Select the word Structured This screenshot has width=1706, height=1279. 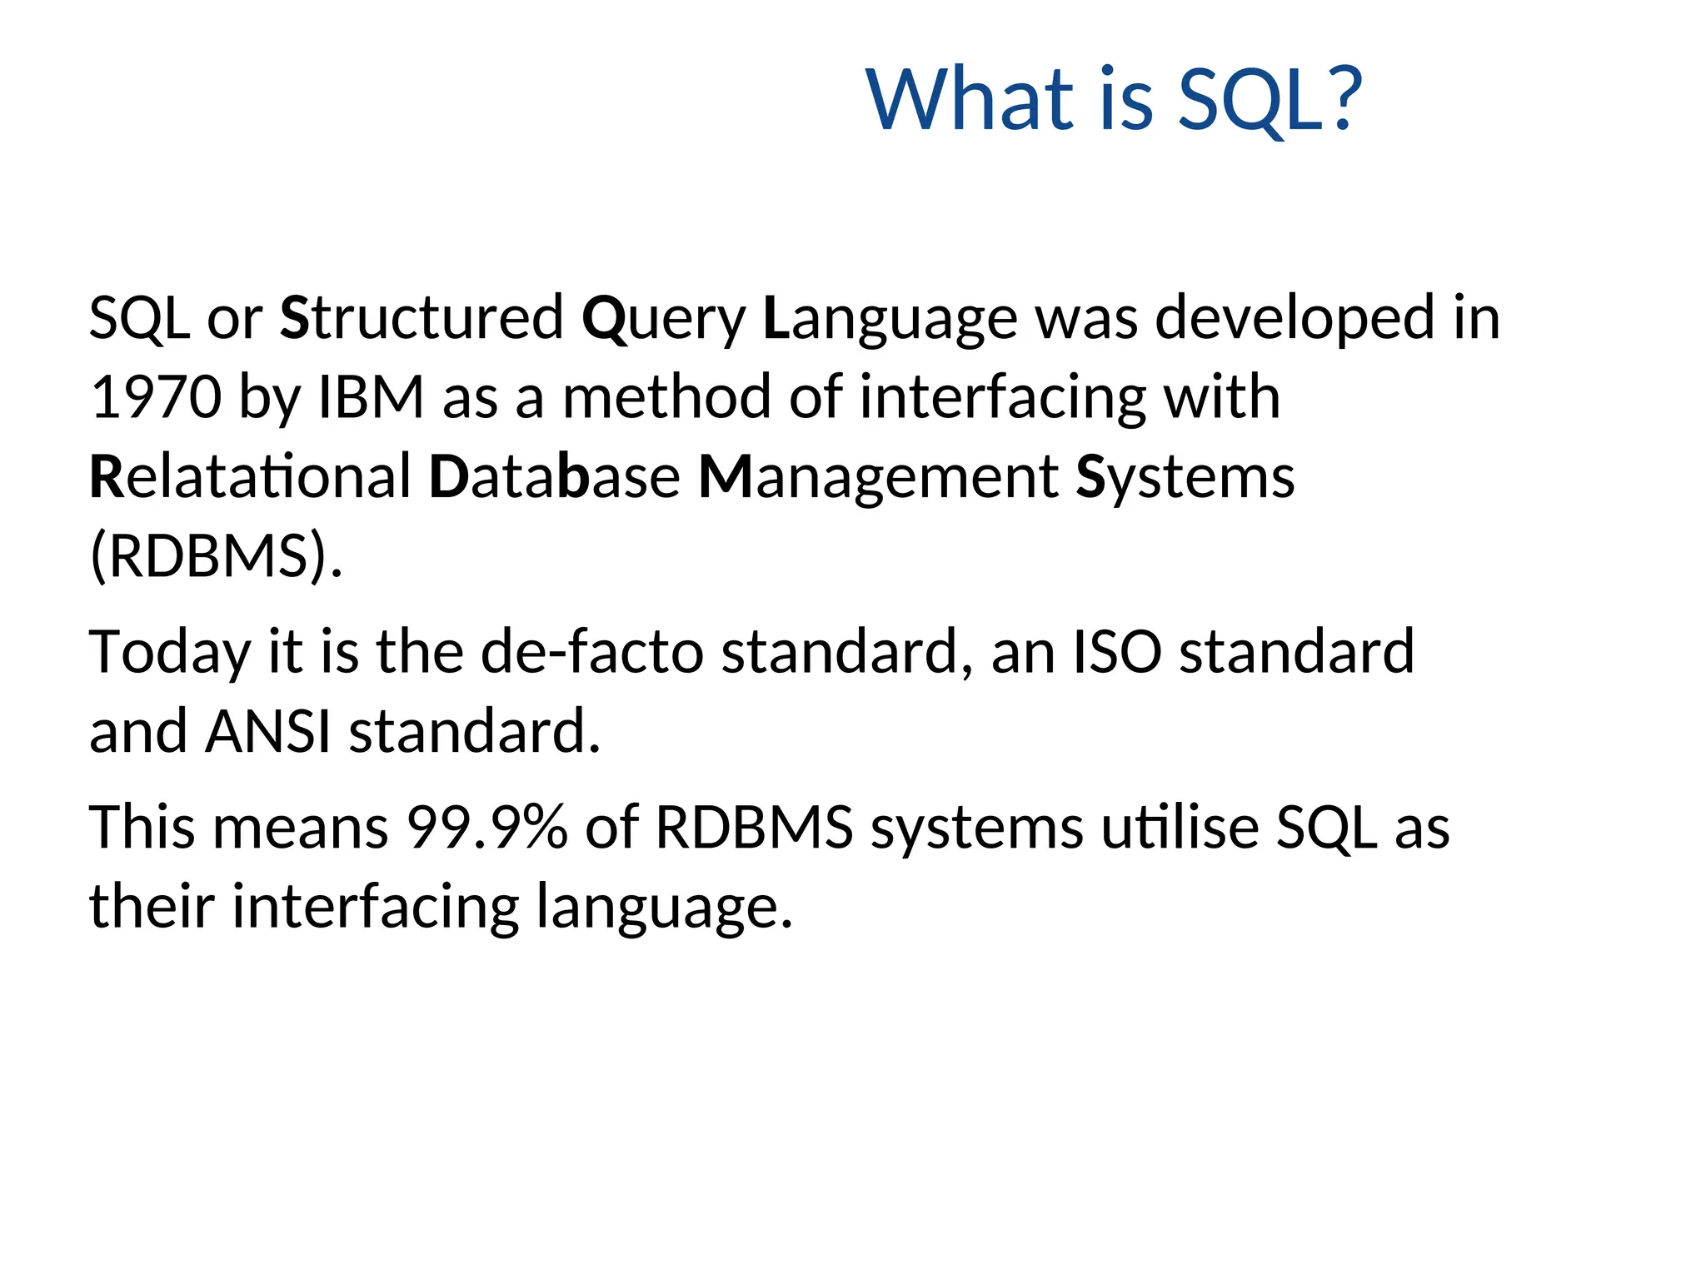pos(422,318)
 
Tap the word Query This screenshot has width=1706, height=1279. pos(664,320)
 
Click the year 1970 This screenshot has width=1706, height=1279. pos(156,397)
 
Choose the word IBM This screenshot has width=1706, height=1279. pos(372,397)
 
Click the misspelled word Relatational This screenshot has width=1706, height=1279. pos(250,477)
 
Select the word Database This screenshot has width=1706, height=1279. pos(554,477)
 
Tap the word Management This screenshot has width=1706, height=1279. pos(878,477)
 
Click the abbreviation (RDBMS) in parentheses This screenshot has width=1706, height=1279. pos(215,556)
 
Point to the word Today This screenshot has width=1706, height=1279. pos(170,653)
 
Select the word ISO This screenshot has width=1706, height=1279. pos(1116,651)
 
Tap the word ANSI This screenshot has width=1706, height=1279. pos(268,731)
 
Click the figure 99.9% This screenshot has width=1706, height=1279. pos(486,828)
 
